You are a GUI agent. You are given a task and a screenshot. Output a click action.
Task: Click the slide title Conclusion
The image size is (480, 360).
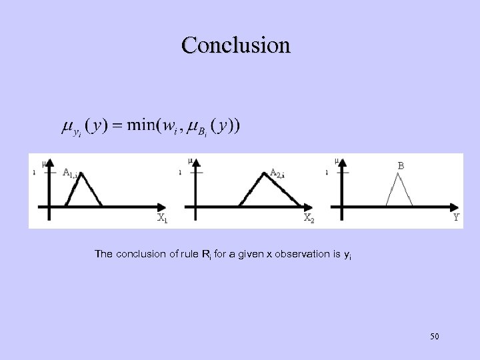coord(235,45)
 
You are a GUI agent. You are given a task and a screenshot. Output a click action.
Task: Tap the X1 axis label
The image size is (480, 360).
coord(161,217)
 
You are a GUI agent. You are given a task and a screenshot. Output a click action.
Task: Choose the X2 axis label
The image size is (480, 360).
coord(309,217)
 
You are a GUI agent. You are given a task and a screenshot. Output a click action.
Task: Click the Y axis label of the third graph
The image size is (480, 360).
coord(456,217)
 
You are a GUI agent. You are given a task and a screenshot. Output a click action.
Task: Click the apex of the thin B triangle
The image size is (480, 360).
coord(400,174)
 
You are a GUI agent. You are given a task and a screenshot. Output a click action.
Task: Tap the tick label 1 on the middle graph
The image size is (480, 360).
coord(180,173)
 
